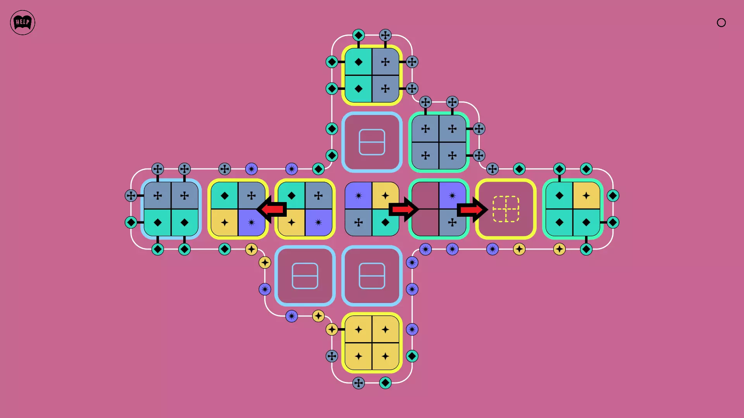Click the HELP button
pos(22,22)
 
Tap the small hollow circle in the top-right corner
pos(721,22)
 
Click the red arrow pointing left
pos(272,209)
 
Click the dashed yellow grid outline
pos(506,209)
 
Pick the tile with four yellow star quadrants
pos(372,343)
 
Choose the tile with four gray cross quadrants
pos(439,142)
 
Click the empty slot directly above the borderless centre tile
pos(372,142)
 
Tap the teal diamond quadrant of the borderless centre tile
pos(385,223)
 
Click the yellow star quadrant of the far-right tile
pos(586,196)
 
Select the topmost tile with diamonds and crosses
pos(372,75)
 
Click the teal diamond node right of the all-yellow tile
pos(412,356)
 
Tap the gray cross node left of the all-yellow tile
pos(332,356)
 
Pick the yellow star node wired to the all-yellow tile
pos(332,329)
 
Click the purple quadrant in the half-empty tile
pos(452,196)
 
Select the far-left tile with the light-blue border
pos(171,209)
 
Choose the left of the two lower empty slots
pos(305,276)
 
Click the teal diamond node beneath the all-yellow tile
pos(385,383)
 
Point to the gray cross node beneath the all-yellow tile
pos(358,383)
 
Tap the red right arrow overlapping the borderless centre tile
pos(403,209)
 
